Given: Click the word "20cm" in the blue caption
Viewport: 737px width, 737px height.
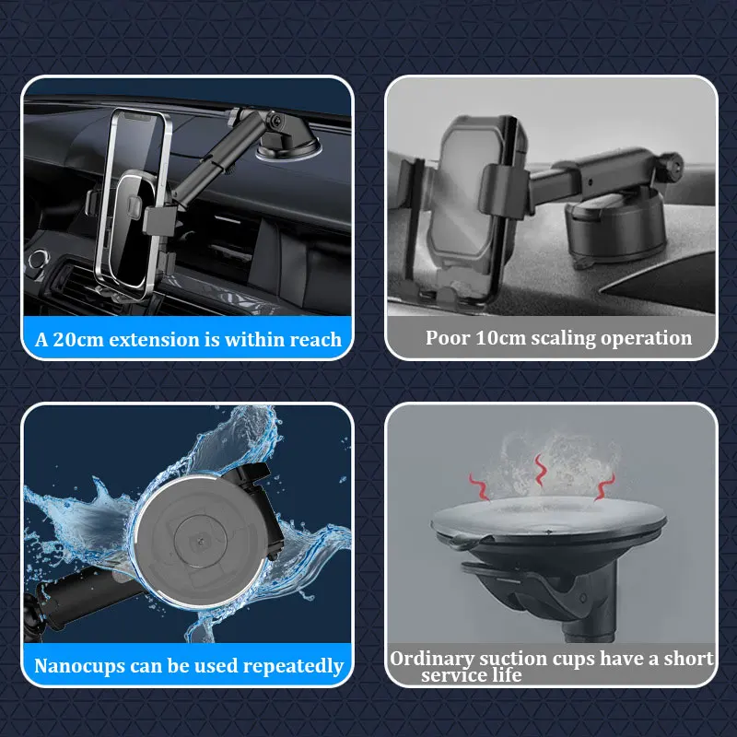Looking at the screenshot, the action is [x=78, y=339].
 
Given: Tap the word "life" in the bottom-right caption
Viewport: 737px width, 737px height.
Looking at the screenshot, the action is [x=508, y=675].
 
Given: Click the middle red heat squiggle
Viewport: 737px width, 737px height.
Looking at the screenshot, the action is [x=541, y=471].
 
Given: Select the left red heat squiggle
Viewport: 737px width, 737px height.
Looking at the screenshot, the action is [x=480, y=487].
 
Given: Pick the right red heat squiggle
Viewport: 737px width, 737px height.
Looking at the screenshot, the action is [x=605, y=486].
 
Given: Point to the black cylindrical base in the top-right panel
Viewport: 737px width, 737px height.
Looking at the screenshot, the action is [x=615, y=225].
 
